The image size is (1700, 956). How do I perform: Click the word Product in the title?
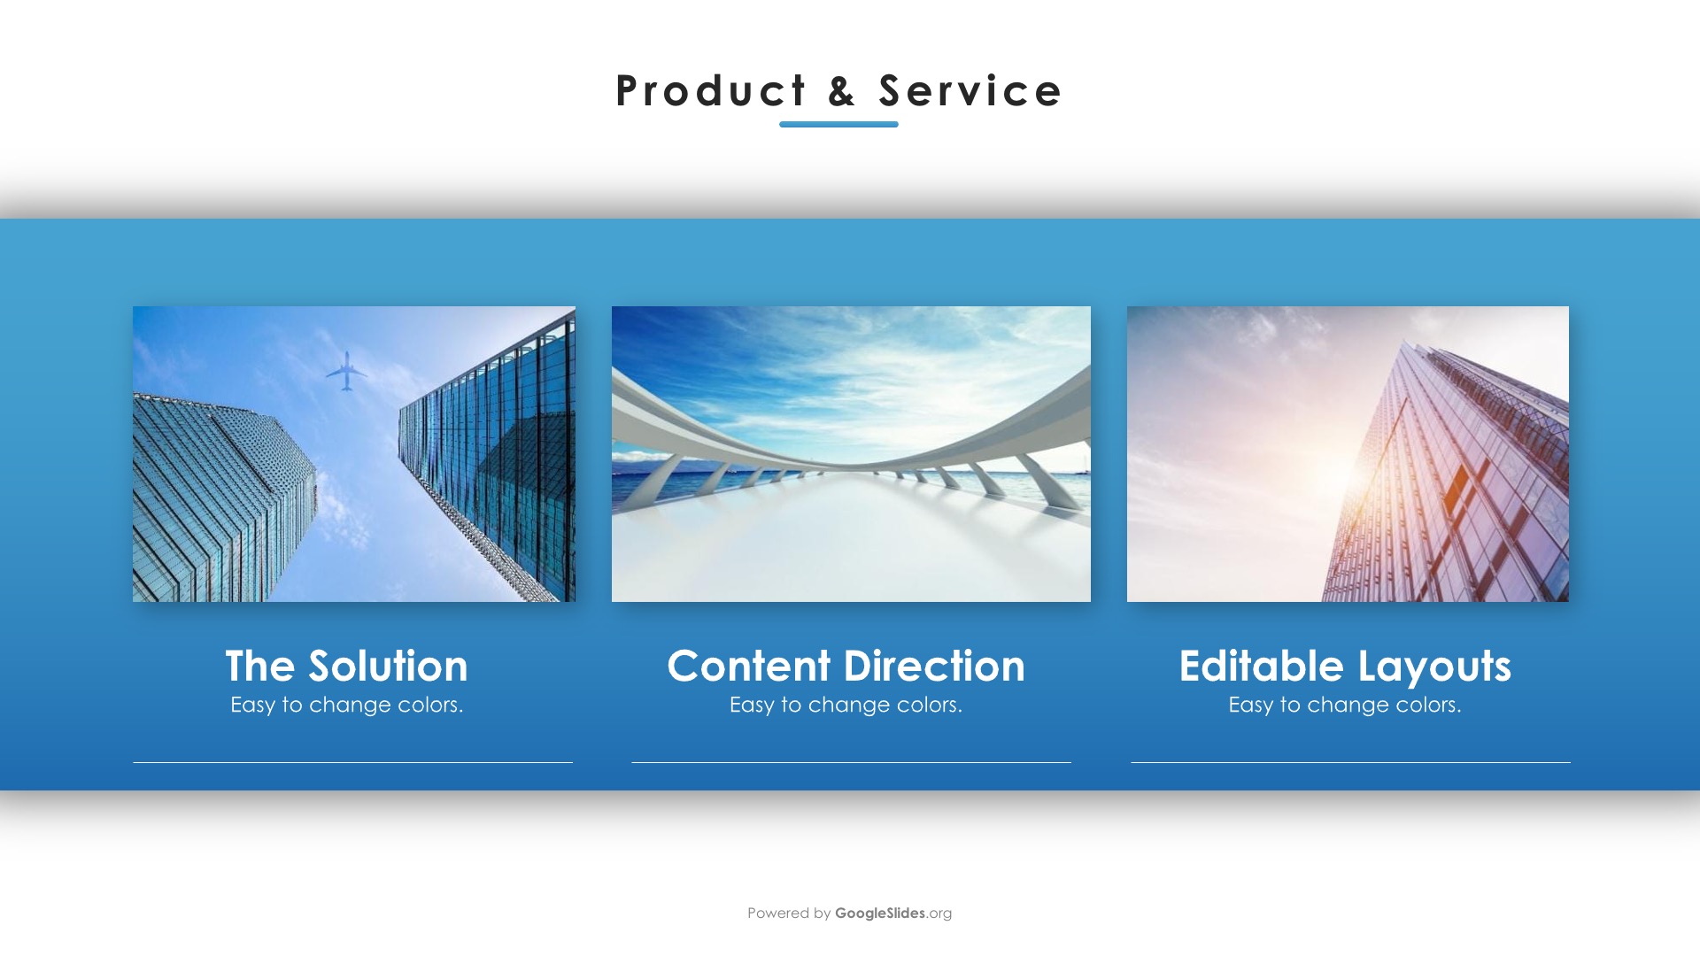coord(711,91)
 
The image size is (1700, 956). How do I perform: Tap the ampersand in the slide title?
coord(842,91)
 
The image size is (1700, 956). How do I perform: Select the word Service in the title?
coord(970,91)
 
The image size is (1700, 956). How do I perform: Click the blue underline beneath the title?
coord(838,124)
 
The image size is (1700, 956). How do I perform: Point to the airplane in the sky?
coord(346,371)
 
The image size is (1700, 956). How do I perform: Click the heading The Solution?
coord(346,666)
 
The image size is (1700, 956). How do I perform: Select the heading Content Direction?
coord(846,666)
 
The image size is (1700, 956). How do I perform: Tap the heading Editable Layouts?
coord(1345,667)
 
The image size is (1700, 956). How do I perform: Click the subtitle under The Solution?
coord(346,705)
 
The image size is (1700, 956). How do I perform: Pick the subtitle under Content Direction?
coord(846,705)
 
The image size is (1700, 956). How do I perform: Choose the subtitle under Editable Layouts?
coord(1345,705)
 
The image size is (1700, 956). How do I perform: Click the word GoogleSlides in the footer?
coord(880,913)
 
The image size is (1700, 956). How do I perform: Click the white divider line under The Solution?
coord(352,762)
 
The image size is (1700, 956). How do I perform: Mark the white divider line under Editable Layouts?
coord(1350,762)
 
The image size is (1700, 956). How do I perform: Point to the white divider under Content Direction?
coord(851,762)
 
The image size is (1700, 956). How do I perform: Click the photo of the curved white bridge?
coord(851,454)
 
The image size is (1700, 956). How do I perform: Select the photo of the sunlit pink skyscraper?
coord(1348,454)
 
